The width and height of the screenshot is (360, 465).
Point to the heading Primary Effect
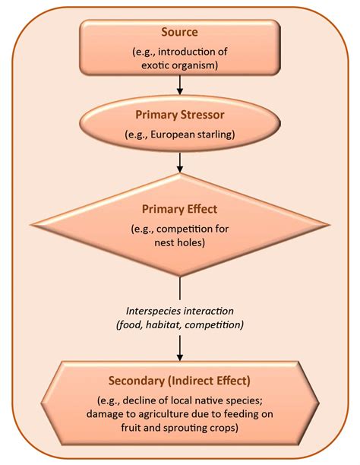point(179,207)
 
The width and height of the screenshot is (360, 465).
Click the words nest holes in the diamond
point(180,243)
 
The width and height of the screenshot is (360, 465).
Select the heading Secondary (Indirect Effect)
point(179,380)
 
